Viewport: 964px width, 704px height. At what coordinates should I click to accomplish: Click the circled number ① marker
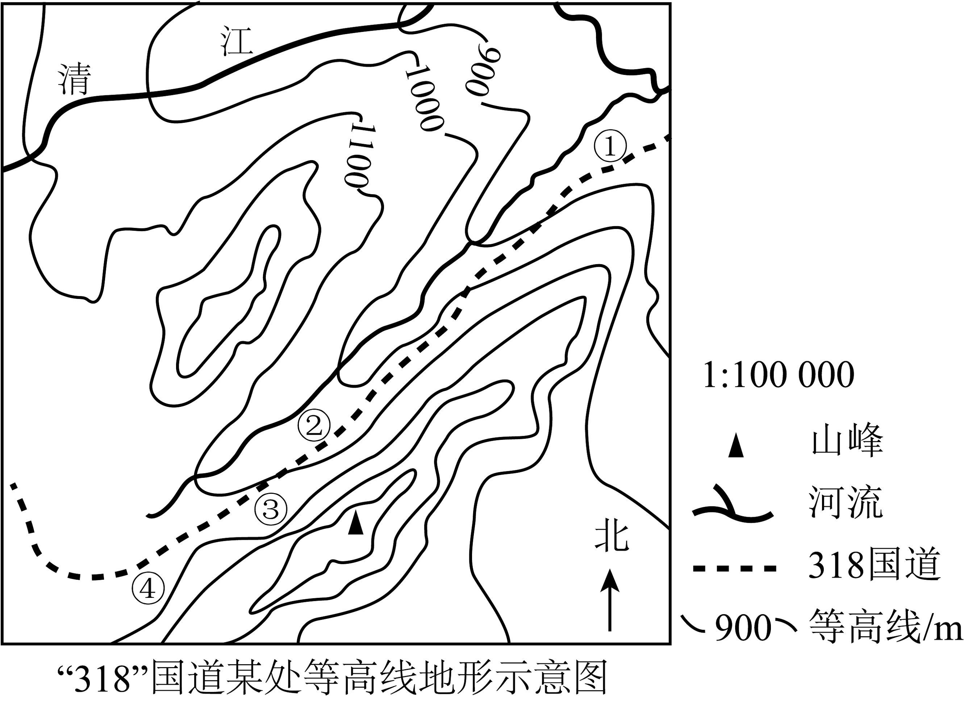[x=610, y=146]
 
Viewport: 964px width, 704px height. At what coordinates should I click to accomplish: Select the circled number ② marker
[x=314, y=425]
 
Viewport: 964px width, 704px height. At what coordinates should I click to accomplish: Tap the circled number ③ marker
[x=271, y=509]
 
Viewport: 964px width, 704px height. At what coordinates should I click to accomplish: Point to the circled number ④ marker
[x=148, y=590]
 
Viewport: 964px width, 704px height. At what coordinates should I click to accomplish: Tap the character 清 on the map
[x=75, y=79]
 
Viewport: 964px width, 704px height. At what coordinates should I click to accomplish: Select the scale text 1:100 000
[x=778, y=375]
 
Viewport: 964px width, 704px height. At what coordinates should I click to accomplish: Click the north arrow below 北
[x=610, y=600]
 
